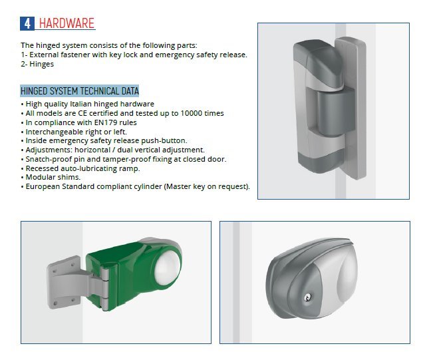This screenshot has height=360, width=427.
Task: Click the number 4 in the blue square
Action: pos(27,23)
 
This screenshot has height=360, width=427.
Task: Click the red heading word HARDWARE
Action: pos(67,23)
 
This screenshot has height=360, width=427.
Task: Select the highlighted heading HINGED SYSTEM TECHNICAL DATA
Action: pos(80,90)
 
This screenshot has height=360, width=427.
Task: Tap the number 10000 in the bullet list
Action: pos(192,113)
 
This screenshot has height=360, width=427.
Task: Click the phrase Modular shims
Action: pos(53,177)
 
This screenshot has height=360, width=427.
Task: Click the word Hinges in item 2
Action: pos(42,65)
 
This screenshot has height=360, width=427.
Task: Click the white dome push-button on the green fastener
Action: pos(167,264)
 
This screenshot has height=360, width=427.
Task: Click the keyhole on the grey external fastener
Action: pos(307,297)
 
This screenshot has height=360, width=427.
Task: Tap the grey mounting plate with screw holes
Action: pos(63,282)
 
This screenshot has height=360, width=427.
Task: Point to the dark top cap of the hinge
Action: pos(318,64)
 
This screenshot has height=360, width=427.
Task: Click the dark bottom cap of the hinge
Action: pos(320,161)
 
